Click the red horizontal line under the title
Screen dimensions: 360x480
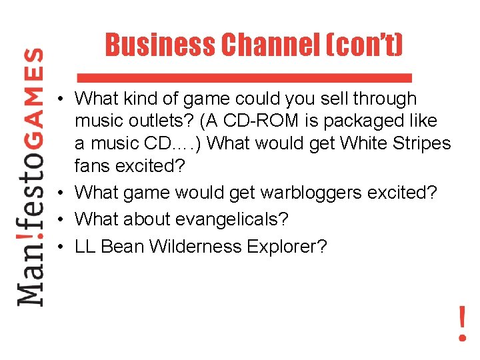tap(244, 75)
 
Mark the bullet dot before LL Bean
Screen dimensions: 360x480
tap(61, 246)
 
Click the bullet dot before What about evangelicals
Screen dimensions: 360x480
tap(61, 219)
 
